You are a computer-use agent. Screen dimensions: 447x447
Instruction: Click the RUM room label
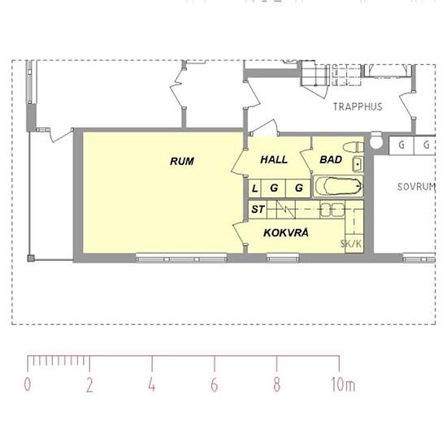coord(182,162)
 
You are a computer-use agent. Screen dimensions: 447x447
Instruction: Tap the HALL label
coord(274,159)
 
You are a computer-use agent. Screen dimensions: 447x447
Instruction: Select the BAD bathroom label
coord(331,159)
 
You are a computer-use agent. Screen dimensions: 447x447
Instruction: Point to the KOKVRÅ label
coord(286,232)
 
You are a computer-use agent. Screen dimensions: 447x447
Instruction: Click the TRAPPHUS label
coord(358,107)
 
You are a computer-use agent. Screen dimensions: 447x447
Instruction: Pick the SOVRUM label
coord(416,187)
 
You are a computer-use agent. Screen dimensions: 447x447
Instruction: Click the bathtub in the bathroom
coord(338,186)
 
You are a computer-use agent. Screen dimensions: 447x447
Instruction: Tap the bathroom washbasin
coord(358,164)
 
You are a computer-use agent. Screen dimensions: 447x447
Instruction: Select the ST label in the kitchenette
coord(258,210)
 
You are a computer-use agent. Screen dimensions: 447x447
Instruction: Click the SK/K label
coord(351,244)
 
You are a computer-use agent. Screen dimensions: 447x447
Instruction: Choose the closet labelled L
coord(254,189)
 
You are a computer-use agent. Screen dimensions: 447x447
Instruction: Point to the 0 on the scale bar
coord(28,384)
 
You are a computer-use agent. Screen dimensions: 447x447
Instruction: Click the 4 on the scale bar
coord(152,384)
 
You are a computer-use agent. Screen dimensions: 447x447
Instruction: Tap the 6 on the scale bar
coord(215,384)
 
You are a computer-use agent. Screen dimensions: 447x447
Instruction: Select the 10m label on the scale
coord(343,384)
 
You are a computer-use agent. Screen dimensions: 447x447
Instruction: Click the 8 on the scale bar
coord(276,384)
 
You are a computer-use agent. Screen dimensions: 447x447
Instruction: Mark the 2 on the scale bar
coord(89,385)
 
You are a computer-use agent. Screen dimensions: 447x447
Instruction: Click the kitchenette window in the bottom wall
coord(283,258)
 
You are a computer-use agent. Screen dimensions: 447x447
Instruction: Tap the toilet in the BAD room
coord(354,147)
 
